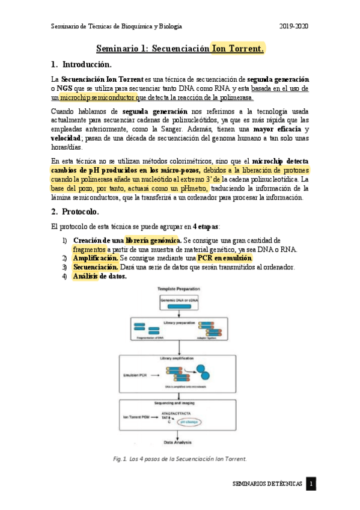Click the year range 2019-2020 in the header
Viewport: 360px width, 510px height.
click(294, 27)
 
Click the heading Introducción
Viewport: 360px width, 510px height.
click(87, 64)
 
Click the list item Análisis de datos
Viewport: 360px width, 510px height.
click(100, 277)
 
